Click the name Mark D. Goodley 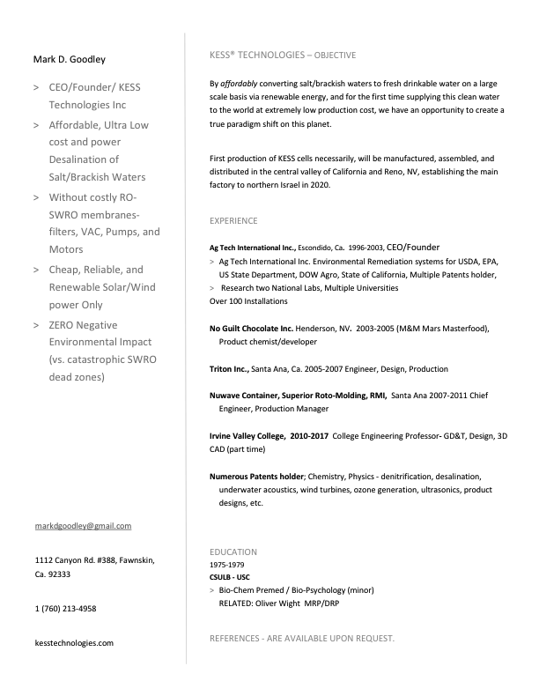tap(69, 60)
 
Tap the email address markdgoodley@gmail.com tap(83, 526)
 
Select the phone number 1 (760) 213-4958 tap(65, 609)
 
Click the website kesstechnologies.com tap(74, 643)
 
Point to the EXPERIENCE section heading tap(233, 220)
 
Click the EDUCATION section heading tap(233, 552)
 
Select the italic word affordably tap(238, 84)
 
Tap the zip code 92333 tap(58, 574)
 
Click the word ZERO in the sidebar tap(65, 325)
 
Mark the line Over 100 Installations tap(248, 301)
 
